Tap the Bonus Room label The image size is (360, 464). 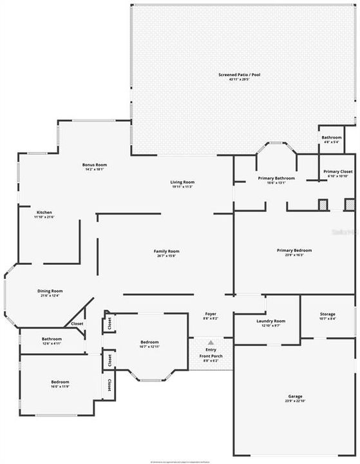[x=93, y=165]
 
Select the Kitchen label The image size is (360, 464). [x=44, y=213]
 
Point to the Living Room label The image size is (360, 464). [x=182, y=182]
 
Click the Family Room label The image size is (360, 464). [x=166, y=251]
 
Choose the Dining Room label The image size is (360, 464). [x=50, y=291]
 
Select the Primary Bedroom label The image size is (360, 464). [x=294, y=250]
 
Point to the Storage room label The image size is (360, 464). [x=327, y=314]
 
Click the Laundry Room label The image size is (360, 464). [x=270, y=320]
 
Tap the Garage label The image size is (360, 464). [x=295, y=396]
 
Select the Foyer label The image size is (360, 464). [x=211, y=314]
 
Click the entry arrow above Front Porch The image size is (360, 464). [x=211, y=343]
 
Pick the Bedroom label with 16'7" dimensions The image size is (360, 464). [x=149, y=342]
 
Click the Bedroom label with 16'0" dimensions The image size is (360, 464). [x=60, y=382]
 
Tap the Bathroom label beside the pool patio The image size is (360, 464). [x=332, y=137]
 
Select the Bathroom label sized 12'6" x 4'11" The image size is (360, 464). [x=52, y=338]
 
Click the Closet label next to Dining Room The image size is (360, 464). [x=77, y=324]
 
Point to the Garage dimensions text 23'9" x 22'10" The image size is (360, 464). [x=295, y=401]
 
